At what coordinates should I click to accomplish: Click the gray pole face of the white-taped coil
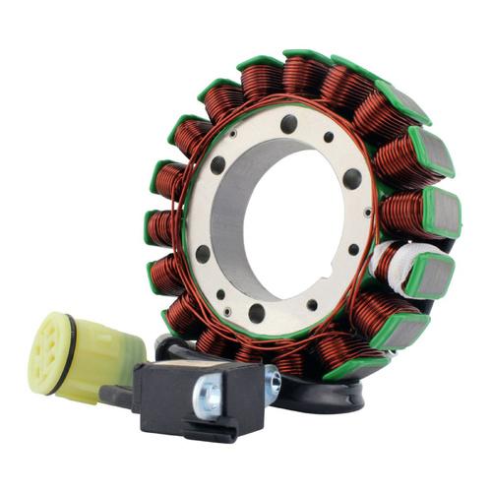tap(433, 277)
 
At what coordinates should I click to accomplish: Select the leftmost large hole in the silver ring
tap(203, 253)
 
